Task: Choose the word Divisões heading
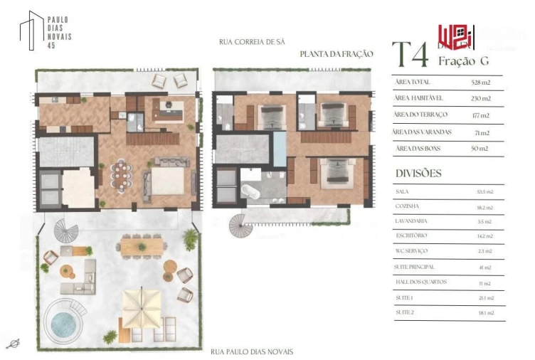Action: [x=418, y=173]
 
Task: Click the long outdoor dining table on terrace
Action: [x=141, y=246]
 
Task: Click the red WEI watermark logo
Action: [x=450, y=36]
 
